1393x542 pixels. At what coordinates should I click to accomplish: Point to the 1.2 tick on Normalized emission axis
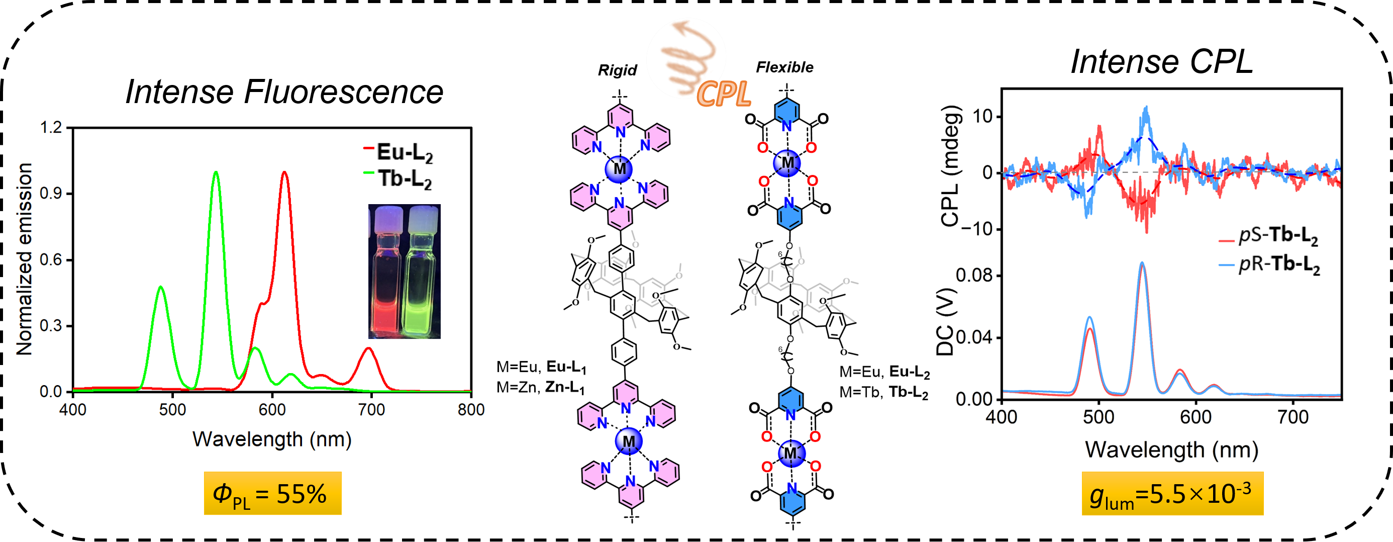point(51,128)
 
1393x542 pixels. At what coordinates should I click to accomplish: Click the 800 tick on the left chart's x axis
point(470,410)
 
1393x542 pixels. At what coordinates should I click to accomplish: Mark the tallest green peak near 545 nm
point(216,172)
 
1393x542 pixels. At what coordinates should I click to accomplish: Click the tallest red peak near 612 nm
point(284,172)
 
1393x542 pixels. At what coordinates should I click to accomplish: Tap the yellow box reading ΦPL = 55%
point(272,493)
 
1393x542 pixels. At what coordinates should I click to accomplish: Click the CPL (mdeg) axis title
point(951,166)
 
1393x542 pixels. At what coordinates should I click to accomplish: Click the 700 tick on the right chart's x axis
point(1292,417)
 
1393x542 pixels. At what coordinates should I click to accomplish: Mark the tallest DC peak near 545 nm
point(1142,263)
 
